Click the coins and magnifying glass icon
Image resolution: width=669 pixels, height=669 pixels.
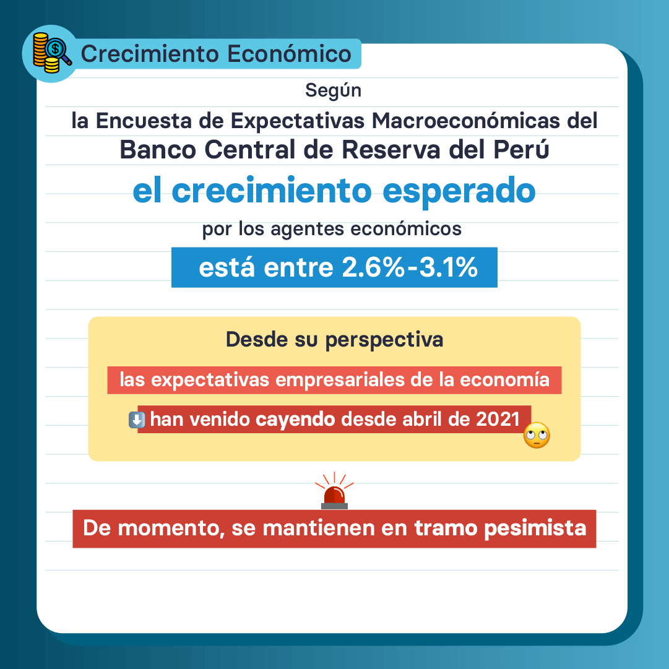coord(52,53)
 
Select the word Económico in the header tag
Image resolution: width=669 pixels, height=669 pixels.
coord(289,54)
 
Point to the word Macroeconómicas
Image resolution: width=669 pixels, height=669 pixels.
coord(465,121)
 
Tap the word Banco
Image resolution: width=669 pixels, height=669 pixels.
coord(158,150)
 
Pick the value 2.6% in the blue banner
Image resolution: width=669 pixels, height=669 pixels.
coord(373,267)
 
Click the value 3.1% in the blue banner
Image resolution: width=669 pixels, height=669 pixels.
coord(448,267)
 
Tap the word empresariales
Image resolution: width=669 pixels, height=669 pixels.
coord(340,380)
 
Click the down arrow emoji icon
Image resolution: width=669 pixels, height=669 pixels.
coord(137,420)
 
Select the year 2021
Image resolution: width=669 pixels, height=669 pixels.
coord(498,420)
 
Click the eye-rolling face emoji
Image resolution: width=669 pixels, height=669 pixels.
coord(537,435)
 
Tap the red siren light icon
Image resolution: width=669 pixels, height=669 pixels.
coord(334,491)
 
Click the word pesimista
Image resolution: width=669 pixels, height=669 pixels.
coord(535,529)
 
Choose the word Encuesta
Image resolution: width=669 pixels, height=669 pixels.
coord(144,121)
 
